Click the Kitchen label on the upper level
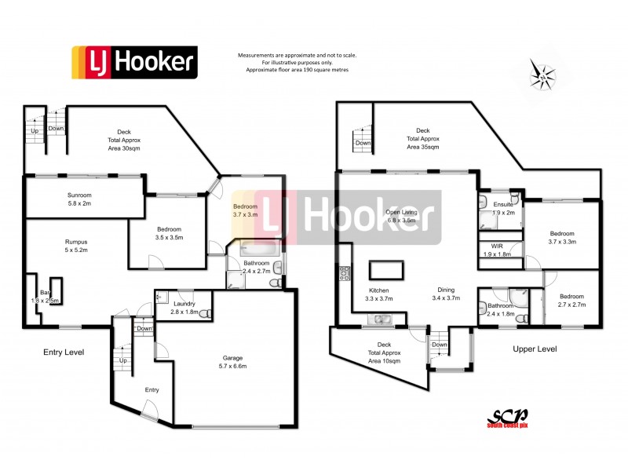coord(378,294)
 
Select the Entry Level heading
coord(63,352)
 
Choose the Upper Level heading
coord(535,348)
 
